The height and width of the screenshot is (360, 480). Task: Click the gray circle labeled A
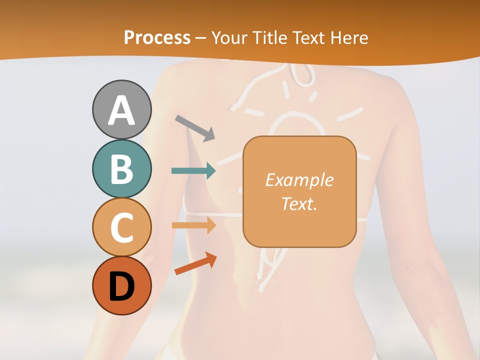click(122, 109)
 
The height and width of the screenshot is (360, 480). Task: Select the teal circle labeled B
click(122, 169)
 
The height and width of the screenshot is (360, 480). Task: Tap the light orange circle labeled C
click(122, 227)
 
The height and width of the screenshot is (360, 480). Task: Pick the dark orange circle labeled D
click(122, 285)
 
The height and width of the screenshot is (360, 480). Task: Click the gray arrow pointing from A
click(195, 127)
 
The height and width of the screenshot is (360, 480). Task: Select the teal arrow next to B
click(193, 171)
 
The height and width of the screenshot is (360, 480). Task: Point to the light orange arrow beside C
click(193, 225)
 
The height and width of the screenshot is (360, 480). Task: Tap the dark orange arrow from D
click(195, 264)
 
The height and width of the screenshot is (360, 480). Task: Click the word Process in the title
click(157, 37)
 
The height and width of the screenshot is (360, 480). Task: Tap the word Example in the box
click(299, 180)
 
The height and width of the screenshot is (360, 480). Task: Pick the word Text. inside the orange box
click(299, 203)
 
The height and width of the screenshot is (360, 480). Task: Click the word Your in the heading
click(229, 37)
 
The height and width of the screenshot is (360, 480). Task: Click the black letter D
click(122, 286)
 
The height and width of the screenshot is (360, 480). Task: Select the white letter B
click(122, 169)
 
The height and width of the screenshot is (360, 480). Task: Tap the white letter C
click(122, 227)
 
